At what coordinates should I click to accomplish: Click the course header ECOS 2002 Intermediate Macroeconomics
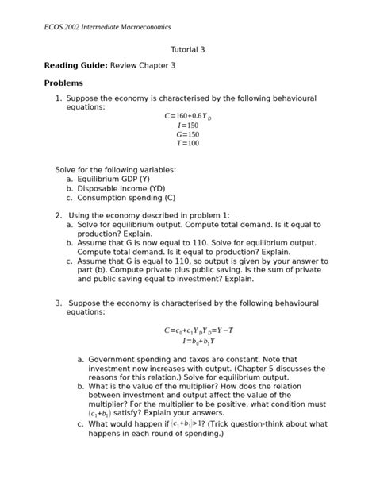pyautogui.click(x=107, y=28)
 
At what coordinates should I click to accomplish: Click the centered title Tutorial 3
pyautogui.click(x=188, y=49)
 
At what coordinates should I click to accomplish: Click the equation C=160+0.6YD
pyautogui.click(x=188, y=116)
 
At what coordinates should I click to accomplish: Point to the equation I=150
pyautogui.click(x=188, y=125)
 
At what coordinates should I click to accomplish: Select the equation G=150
pyautogui.click(x=188, y=135)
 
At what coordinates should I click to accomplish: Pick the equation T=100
pyautogui.click(x=188, y=144)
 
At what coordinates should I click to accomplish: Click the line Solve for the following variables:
pyautogui.click(x=115, y=170)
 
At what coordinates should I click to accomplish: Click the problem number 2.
pyautogui.click(x=58, y=215)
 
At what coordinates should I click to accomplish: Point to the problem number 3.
pyautogui.click(x=58, y=303)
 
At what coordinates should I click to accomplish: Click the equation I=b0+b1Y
pyautogui.click(x=188, y=342)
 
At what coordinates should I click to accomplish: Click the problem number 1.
pyautogui.click(x=58, y=98)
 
